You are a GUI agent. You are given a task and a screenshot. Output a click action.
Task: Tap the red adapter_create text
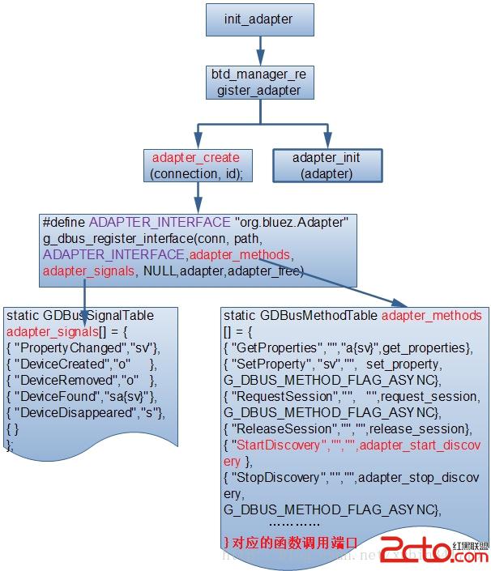195,157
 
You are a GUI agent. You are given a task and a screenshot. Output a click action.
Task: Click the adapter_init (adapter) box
326,164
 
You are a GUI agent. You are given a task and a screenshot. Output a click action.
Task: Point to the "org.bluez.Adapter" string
291,222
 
